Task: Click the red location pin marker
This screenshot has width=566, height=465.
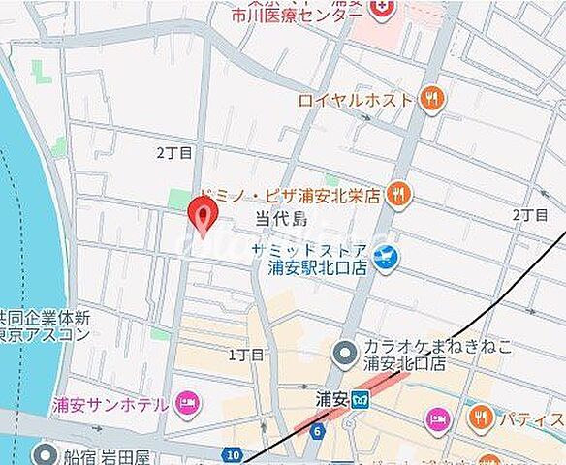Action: point(202,214)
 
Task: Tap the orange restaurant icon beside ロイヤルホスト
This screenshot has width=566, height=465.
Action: point(432,98)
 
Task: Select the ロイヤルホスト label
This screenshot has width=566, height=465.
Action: point(355,98)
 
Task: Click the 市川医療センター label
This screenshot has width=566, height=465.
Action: point(279,16)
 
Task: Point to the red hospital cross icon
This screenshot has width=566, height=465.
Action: point(384,9)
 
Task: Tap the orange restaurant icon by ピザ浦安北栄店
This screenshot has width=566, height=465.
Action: point(397,195)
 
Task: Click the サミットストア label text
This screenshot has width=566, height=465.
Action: point(309,250)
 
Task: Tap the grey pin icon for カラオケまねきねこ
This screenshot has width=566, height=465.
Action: point(342,356)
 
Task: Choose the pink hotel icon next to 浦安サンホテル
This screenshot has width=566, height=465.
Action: point(187,403)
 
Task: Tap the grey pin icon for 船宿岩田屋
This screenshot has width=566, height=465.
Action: point(45,454)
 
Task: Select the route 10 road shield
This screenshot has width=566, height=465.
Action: point(231,453)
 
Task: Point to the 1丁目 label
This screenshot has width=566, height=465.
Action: point(245,355)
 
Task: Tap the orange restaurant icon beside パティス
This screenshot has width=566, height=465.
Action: point(480,418)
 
